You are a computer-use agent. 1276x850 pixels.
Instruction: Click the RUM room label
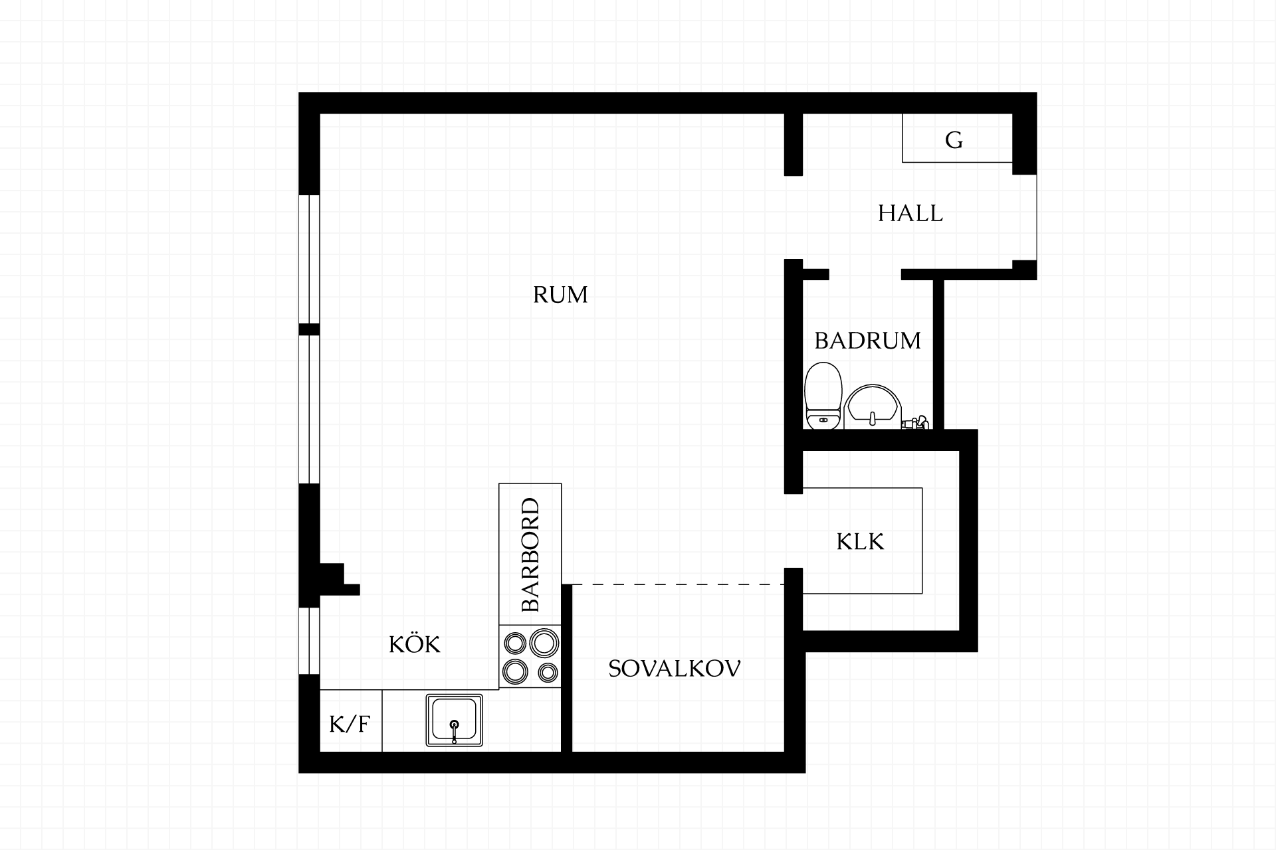[560, 294]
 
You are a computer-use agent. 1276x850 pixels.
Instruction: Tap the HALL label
[910, 213]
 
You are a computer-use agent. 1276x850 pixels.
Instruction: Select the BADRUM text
[867, 341]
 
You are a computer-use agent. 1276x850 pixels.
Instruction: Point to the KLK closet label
[860, 542]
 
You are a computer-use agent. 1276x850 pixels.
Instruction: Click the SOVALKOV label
[675, 669]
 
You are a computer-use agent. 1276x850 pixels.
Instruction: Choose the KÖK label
[415, 643]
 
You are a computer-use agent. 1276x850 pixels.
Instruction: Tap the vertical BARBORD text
[530, 555]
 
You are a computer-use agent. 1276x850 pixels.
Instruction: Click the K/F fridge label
[350, 724]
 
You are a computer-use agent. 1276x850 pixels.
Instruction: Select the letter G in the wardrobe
[954, 140]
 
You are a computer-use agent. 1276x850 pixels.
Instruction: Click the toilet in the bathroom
[823, 396]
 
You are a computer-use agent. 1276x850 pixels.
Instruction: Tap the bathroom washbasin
[873, 406]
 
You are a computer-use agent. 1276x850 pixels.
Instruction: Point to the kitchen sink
[455, 721]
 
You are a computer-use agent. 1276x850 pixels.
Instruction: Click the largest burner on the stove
[544, 642]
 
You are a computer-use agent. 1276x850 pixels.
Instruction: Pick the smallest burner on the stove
[548, 673]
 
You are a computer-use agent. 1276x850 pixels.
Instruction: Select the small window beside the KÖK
[310, 641]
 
